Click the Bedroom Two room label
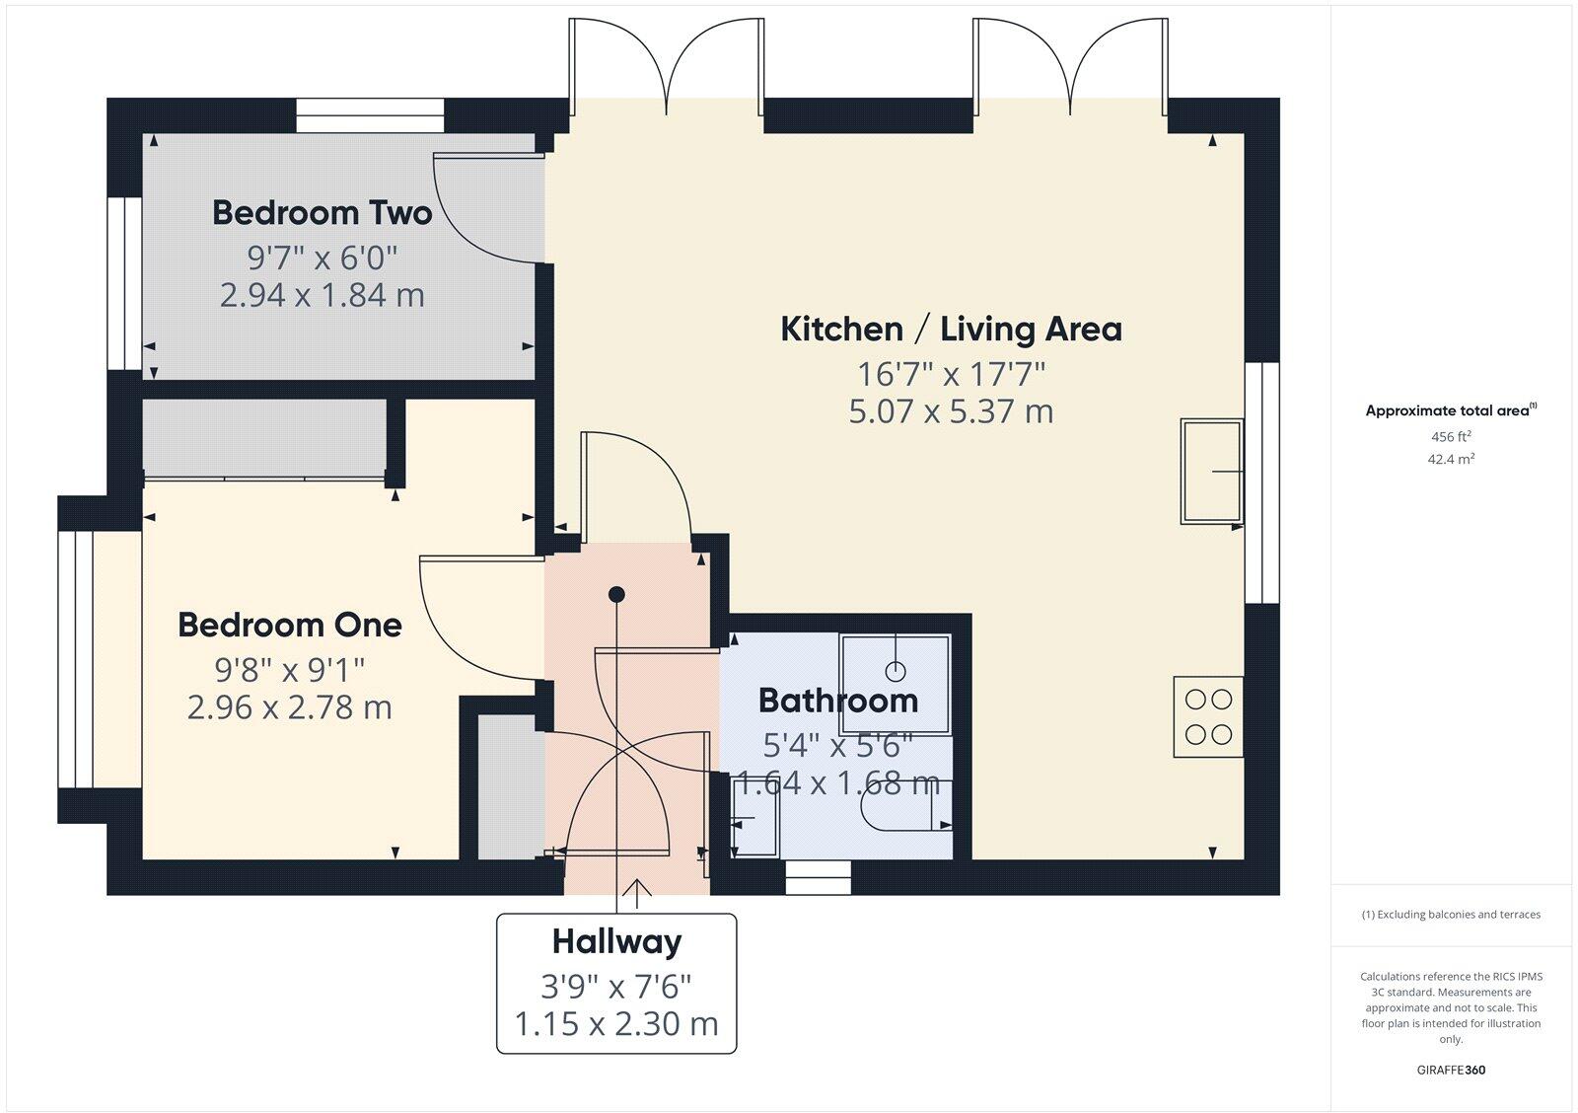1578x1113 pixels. point(322,213)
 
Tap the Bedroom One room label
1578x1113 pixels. point(289,625)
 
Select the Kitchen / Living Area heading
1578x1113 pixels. point(951,329)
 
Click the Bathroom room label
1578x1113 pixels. point(837,701)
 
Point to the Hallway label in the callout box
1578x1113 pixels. point(616,941)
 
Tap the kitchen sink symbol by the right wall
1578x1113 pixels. point(1211,472)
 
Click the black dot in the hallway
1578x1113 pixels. point(616,594)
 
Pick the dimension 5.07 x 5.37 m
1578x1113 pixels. point(951,410)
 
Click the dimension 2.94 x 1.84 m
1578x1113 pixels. point(322,295)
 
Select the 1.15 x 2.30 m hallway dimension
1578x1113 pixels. point(616,1024)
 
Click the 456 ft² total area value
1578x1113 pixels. point(1451,436)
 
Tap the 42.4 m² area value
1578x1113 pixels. point(1451,459)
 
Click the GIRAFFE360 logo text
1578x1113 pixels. point(1451,1070)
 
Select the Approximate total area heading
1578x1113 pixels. point(1448,410)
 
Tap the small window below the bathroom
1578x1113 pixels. point(818,877)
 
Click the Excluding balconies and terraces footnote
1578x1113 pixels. point(1451,915)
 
